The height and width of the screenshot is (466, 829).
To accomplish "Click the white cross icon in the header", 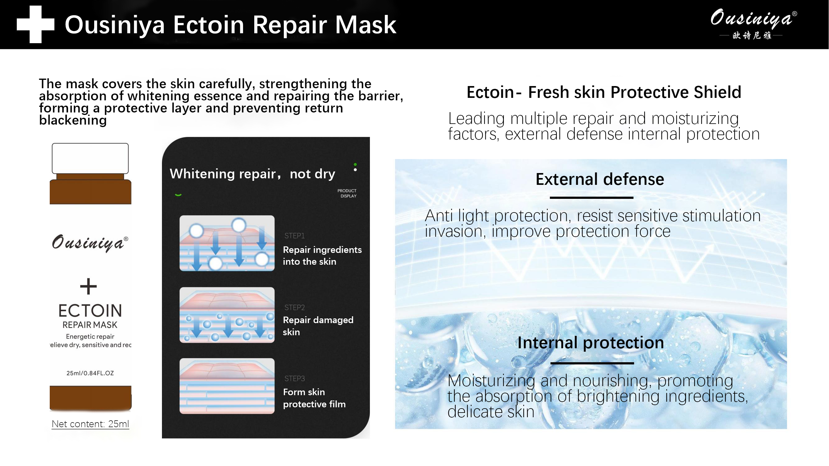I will click(x=35, y=25).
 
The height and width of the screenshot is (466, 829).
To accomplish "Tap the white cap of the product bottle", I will click(x=90, y=158).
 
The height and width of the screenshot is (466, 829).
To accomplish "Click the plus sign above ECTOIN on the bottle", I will click(x=88, y=286).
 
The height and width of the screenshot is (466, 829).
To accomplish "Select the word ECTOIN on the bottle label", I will click(x=90, y=311).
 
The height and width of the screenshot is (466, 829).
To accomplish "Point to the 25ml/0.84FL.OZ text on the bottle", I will click(x=90, y=373).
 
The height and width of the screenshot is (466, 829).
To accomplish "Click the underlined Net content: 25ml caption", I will click(x=90, y=424).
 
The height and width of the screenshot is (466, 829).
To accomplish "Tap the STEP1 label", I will click(x=294, y=236).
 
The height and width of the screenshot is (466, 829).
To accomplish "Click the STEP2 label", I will click(x=294, y=308).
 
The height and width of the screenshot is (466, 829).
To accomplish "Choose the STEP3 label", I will click(x=294, y=378).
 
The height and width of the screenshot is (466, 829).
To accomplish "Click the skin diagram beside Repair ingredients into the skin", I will click(x=227, y=243).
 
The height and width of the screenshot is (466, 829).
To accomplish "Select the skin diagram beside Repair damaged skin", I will click(x=227, y=315).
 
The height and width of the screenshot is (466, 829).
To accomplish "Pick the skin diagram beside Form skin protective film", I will click(x=227, y=386).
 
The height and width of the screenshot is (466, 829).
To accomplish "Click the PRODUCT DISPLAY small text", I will click(x=347, y=193).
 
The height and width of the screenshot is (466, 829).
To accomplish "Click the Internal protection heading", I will click(x=591, y=342).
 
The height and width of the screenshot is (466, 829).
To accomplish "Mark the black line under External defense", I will click(x=592, y=198).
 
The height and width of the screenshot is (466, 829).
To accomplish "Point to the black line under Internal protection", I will click(x=592, y=363).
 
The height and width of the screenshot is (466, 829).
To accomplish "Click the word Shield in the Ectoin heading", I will click(x=717, y=92).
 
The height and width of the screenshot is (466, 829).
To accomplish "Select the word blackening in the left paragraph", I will click(x=73, y=120).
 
